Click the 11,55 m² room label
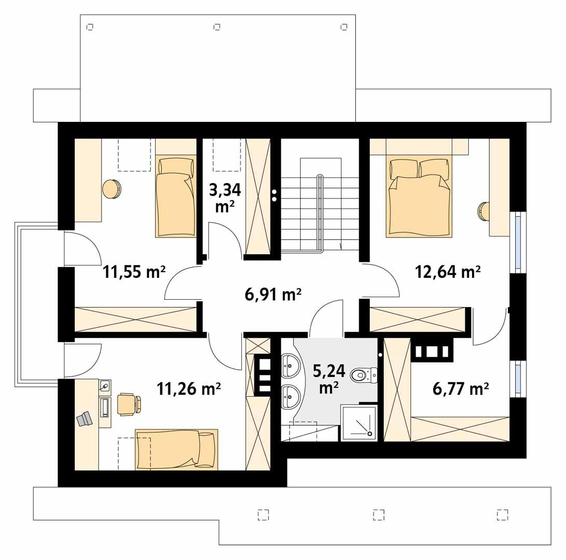click(134, 272)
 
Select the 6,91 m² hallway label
click(273, 295)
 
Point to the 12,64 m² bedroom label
click(448, 271)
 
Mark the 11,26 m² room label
click(189, 388)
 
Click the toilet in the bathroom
click(363, 374)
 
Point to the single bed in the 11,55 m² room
click(175, 200)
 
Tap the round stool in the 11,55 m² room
click(112, 188)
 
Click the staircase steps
click(320, 213)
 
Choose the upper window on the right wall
click(518, 242)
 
